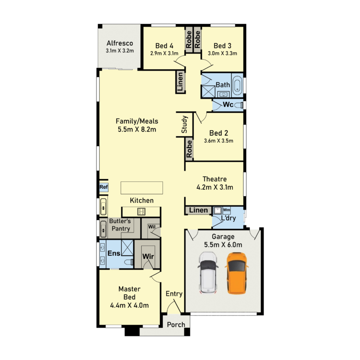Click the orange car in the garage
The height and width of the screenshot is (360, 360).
coord(237,273)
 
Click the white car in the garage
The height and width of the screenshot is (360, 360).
coord(208,273)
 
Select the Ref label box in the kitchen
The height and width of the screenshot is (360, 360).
coord(103,187)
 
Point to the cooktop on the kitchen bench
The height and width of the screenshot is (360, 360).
coord(141,211)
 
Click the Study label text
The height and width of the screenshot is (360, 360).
coord(184,125)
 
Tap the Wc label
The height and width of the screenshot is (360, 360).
coord(228,105)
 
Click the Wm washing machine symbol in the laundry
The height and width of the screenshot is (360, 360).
coord(227,210)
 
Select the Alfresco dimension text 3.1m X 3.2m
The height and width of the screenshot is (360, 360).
coord(120,51)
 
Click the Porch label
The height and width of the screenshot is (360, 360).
coord(176,324)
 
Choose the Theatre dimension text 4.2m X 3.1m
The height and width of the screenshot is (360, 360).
coord(215,187)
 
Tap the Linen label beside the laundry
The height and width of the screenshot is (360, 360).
coord(198,210)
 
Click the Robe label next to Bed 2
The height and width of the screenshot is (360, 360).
coord(189,149)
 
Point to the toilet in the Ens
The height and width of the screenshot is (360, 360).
coord(129,262)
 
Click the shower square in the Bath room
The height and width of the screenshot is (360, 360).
coord(208,91)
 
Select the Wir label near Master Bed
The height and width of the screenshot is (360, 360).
coord(148,257)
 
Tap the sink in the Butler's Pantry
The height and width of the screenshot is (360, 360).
coord(103,229)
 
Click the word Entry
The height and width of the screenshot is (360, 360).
coord(174,294)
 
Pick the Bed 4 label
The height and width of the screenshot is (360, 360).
coord(164,46)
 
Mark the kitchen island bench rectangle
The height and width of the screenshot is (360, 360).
coord(142,188)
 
